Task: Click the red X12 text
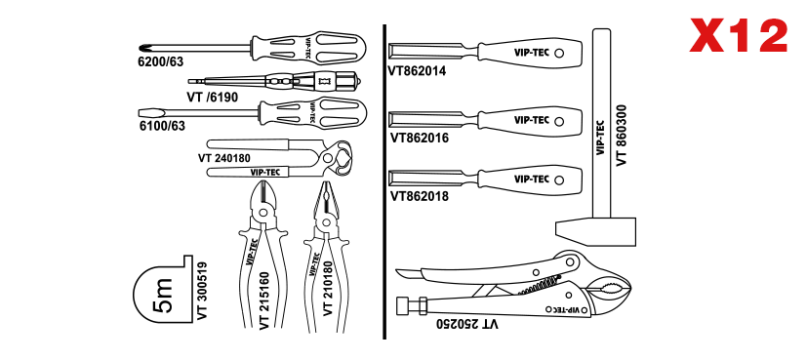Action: click(739, 35)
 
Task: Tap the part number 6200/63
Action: click(161, 61)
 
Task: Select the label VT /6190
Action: click(212, 97)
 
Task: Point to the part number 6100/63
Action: click(162, 125)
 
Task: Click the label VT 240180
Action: click(223, 158)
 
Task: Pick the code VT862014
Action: click(418, 70)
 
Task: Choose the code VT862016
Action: click(420, 139)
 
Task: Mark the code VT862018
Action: click(420, 196)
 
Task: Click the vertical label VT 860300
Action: click(622, 135)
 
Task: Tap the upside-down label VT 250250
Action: click(467, 324)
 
